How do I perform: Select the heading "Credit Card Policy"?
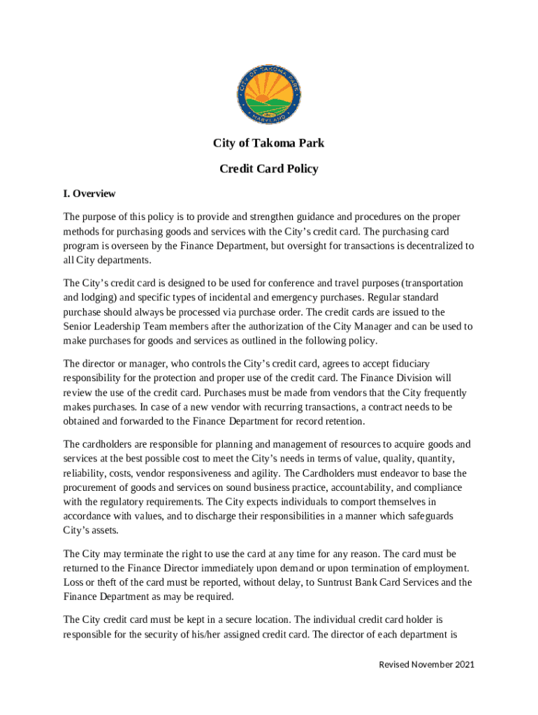click(x=269, y=169)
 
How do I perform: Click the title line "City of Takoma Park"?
click(x=269, y=144)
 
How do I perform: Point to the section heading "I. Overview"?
click(x=89, y=193)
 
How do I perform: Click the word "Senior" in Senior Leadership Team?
click(x=78, y=326)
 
